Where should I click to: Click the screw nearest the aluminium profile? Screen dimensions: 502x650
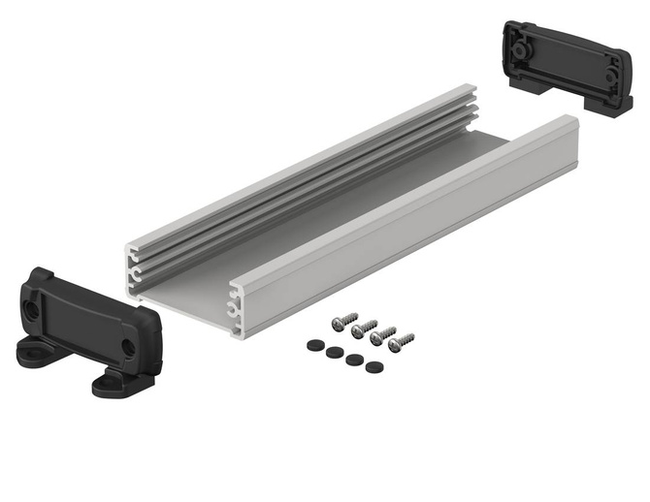[x=343, y=321]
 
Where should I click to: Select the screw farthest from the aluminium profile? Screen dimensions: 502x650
[x=401, y=341]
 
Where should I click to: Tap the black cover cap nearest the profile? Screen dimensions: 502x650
[x=313, y=343]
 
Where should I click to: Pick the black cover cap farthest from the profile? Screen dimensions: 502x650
[x=373, y=366]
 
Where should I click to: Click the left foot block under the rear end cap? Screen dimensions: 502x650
[x=516, y=82]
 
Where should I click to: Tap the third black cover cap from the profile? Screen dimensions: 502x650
[x=352, y=359]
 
